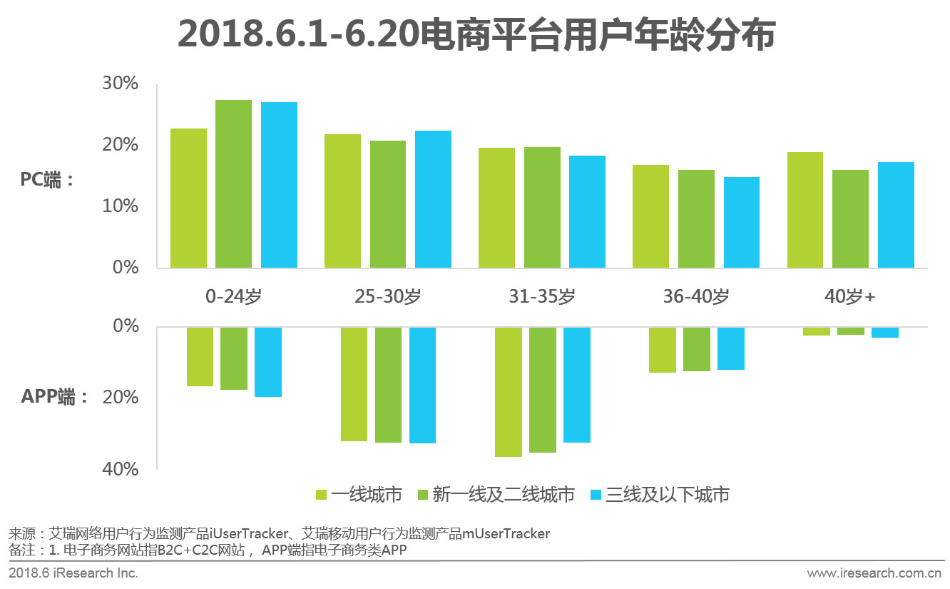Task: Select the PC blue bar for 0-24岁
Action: (x=279, y=185)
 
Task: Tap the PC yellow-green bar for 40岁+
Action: (x=805, y=210)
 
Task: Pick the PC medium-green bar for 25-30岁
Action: (x=388, y=204)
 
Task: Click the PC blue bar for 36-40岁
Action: (x=742, y=222)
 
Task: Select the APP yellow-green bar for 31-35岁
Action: (x=509, y=392)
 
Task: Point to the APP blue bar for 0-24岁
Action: (x=268, y=362)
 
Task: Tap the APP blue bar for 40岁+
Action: (x=884, y=333)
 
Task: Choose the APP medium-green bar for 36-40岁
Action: (x=697, y=349)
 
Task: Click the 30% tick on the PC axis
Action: (x=121, y=84)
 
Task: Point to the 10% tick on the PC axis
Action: (x=121, y=206)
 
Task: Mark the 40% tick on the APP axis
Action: (x=121, y=469)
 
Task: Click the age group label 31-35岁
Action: (x=541, y=296)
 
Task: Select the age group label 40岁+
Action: (x=849, y=296)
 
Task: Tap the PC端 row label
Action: (x=47, y=180)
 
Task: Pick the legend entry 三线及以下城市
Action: (x=660, y=495)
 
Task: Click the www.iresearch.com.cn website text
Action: (x=874, y=573)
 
